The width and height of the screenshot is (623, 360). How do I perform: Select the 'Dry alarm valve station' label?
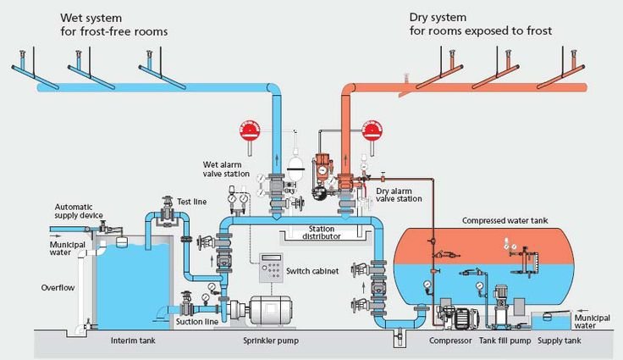click(399, 196)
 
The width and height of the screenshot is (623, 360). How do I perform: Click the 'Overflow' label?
click(58, 287)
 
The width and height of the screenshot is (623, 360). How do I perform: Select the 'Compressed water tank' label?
click(504, 220)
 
